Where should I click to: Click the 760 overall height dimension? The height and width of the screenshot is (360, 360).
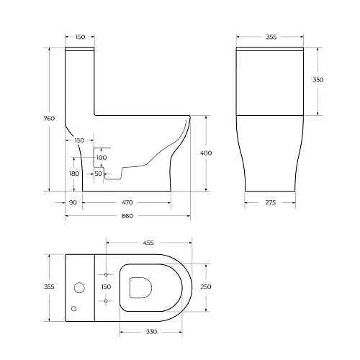[50, 119]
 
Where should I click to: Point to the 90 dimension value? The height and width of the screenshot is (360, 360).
[73, 204]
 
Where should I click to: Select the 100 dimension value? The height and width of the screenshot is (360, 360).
[101, 157]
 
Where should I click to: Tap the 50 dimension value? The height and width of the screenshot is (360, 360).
[98, 174]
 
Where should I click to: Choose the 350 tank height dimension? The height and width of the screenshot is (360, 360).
[318, 80]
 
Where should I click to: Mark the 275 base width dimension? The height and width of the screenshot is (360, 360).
[270, 204]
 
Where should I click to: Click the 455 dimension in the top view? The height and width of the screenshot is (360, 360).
[148, 243]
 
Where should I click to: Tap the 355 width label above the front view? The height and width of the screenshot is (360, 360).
[271, 37]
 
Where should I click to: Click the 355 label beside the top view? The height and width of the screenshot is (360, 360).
[50, 287]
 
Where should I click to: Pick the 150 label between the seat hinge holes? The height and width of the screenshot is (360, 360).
[106, 287]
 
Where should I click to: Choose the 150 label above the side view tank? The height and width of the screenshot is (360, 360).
[80, 37]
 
